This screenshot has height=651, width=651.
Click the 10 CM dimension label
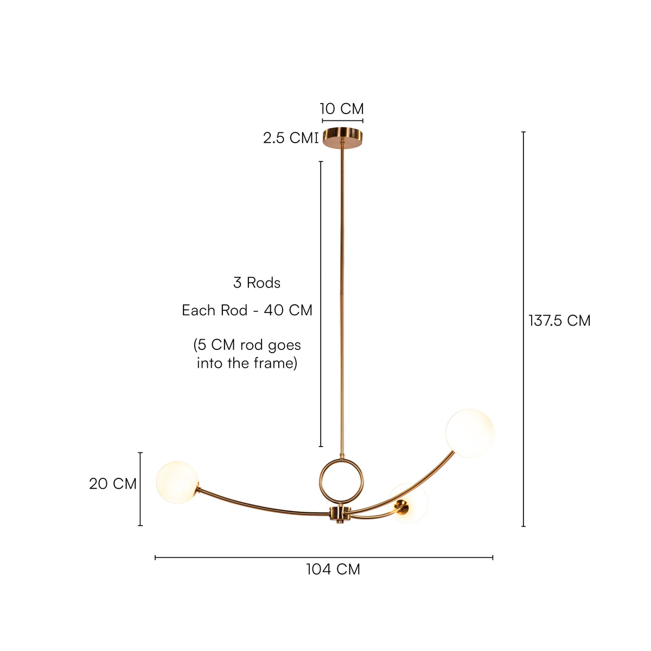click(x=342, y=109)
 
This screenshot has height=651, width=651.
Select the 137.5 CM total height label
click(x=559, y=321)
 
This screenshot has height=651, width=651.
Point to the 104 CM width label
click(x=333, y=569)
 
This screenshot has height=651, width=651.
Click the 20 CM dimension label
click(x=113, y=484)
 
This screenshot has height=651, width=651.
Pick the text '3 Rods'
click(x=257, y=283)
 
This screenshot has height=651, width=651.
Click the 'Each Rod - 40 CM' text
click(x=247, y=310)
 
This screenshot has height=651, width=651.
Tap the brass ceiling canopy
click(x=342, y=138)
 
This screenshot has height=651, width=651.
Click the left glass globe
click(x=177, y=482)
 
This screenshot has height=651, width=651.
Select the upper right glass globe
click(x=470, y=433)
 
